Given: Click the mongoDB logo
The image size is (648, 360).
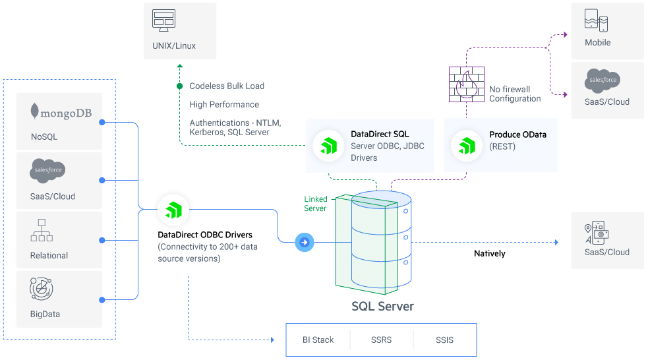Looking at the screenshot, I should [61, 112].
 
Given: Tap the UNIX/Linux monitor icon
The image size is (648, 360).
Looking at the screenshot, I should [163, 20].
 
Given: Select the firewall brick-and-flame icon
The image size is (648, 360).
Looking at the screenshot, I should [466, 84].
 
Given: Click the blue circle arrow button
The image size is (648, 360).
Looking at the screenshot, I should [305, 243].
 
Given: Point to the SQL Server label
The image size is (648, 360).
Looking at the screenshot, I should [382, 307].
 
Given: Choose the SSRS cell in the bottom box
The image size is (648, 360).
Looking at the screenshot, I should [381, 340].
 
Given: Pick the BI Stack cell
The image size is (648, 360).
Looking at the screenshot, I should [318, 340].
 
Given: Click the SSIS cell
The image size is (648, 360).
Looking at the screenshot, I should [444, 340].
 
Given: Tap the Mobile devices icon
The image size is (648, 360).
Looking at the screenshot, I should [596, 20].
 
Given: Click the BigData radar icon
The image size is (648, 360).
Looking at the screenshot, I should [42, 289].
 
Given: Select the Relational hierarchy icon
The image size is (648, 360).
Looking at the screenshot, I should [42, 230].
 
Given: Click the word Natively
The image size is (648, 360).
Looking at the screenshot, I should [489, 254].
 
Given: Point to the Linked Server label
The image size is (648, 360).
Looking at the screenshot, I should [315, 204].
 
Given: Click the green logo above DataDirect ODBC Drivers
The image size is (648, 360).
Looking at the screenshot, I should [173, 210].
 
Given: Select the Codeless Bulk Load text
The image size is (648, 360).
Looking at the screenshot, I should [227, 86].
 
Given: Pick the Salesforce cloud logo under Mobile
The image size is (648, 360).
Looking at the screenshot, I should [602, 80].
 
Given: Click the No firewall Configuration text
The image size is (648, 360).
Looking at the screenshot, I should [515, 94].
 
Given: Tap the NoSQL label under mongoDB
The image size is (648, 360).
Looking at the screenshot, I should [44, 137].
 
